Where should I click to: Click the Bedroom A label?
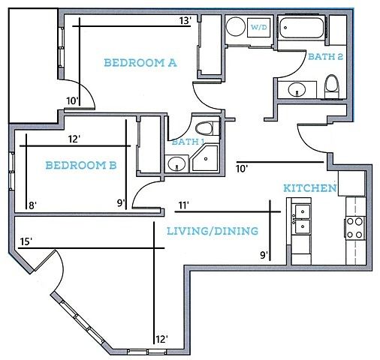(140, 63)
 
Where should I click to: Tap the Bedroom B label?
(81, 165)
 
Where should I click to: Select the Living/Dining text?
(213, 231)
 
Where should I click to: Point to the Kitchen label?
(310, 188)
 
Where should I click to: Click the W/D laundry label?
(259, 27)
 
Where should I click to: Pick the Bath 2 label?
(325, 56)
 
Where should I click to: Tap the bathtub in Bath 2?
(301, 28)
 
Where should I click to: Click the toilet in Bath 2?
(331, 86)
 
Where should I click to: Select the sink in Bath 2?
(297, 89)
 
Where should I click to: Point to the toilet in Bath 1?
(204, 129)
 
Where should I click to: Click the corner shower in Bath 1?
(205, 158)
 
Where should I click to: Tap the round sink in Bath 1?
(176, 163)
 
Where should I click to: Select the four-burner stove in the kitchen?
(355, 228)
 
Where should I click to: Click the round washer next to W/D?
(235, 26)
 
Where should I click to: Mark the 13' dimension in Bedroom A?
(185, 20)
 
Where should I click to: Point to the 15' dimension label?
(26, 241)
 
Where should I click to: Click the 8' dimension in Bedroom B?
(33, 205)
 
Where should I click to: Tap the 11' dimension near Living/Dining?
(183, 205)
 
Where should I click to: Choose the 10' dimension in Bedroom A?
(73, 101)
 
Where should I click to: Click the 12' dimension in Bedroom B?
(74, 139)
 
